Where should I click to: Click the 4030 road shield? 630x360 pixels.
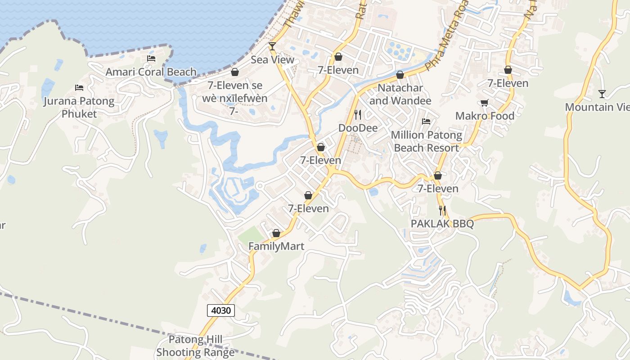point(221,310)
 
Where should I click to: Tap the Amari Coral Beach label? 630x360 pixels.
point(151,72)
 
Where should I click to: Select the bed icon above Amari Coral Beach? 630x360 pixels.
point(151,58)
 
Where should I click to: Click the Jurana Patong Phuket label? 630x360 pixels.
point(79,108)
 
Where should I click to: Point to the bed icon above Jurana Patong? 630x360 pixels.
point(79,87)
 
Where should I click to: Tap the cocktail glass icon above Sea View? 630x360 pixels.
point(272,46)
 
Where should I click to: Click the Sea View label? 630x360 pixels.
point(272,60)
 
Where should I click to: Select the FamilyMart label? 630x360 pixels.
point(276,247)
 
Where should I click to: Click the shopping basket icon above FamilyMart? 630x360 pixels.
point(276,233)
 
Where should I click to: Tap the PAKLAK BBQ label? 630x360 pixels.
point(442,224)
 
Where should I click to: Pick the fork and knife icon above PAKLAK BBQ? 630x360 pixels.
point(442,210)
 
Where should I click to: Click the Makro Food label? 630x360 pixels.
point(485,116)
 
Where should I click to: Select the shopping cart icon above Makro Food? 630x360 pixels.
point(485,103)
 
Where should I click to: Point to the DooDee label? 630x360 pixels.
point(358,128)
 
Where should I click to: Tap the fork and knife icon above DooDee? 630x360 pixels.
point(358,115)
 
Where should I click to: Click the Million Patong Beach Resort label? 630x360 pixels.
point(426,141)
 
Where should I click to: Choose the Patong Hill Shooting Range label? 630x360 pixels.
point(196,346)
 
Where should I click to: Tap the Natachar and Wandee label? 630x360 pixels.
point(400,94)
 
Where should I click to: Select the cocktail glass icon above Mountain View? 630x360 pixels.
point(602,94)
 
